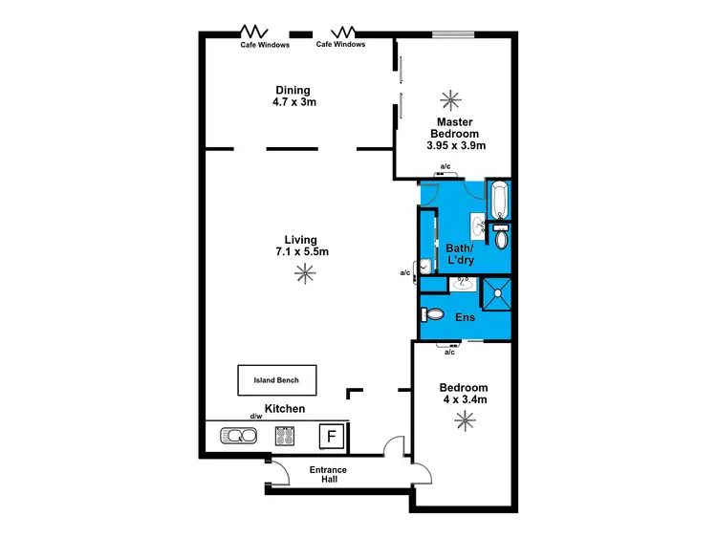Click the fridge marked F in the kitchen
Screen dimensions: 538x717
pos(332,437)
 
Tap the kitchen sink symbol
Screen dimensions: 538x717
pos(238,437)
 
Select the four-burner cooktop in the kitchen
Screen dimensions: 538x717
pos(285,437)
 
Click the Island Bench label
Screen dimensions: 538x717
pos(276,380)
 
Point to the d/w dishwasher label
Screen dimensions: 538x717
pos(256,417)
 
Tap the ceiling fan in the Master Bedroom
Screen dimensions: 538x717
pos(448,98)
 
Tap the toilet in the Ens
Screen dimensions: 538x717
pos(433,314)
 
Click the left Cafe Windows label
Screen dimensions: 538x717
pos(265,44)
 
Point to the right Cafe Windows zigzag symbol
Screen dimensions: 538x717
pos(341,31)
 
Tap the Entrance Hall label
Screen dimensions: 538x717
pos(328,475)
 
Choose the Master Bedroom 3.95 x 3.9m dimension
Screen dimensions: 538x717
pos(456,146)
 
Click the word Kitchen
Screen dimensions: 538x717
pos(285,409)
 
